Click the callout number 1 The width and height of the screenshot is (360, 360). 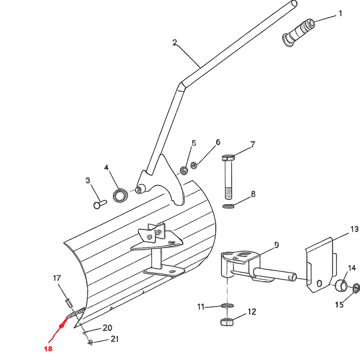click(341, 13)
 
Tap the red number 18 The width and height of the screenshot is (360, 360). click(48, 349)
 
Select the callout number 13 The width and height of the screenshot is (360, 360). click(354, 229)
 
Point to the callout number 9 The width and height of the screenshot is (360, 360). click(276, 245)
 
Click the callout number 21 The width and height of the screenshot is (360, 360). click(115, 339)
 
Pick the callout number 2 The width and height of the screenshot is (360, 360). click(175, 42)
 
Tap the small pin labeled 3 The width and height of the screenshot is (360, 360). click(100, 204)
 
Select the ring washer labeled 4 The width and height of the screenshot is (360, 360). click(120, 195)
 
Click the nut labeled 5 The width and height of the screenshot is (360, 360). click(184, 171)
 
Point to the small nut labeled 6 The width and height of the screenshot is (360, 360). click(194, 165)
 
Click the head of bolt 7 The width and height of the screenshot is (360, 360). click(228, 158)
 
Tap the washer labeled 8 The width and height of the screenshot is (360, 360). click(228, 206)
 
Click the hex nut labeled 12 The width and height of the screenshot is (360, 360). click(227, 322)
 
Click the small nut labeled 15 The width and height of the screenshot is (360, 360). click(356, 288)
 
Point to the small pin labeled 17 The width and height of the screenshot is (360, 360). click(69, 303)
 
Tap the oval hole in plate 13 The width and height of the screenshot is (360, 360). click(319, 284)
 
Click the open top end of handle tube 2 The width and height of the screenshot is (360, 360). click(294, 4)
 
